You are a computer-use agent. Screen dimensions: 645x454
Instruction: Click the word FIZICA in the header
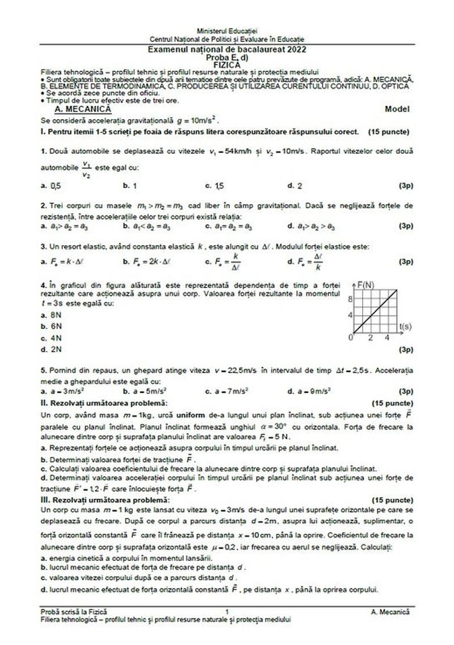[226, 65]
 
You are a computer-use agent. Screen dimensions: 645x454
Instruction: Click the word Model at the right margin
[397, 108]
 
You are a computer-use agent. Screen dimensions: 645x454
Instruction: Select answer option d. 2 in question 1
[295, 185]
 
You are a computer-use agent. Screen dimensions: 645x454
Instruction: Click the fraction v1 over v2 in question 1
[86, 167]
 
